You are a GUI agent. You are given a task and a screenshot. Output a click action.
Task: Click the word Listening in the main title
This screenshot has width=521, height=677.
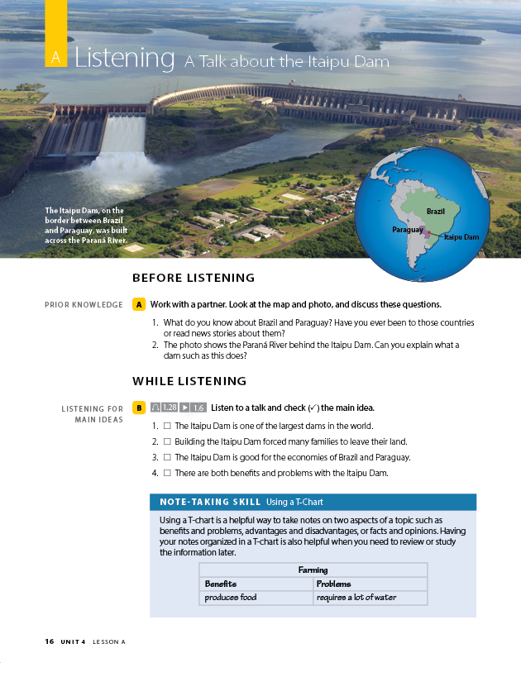[124, 59]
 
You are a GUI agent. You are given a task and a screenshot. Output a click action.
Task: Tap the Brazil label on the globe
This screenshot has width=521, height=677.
[436, 212]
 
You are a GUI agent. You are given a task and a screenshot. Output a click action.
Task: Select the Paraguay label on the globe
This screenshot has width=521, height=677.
[408, 229]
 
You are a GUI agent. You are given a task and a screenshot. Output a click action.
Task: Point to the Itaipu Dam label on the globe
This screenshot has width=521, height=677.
[461, 237]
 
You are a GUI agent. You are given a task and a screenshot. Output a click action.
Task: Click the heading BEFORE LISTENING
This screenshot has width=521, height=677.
[194, 278]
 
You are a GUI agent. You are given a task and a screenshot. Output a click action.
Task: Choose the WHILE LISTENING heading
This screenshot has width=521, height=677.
[189, 381]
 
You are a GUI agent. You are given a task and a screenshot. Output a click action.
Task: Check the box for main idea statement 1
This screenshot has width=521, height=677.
[167, 426]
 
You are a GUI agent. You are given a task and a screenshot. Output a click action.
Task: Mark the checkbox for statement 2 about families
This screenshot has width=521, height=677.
[167, 441]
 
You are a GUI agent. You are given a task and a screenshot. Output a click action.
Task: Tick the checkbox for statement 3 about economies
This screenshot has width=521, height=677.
[167, 457]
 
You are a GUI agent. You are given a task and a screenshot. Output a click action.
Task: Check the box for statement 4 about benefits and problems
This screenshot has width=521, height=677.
[167, 473]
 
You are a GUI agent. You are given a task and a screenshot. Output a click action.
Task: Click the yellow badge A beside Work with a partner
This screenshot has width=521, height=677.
[138, 304]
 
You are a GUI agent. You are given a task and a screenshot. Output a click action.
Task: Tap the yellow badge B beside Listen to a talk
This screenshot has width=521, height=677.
[138, 408]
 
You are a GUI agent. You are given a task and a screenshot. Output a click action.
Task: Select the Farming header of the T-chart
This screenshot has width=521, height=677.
[313, 570]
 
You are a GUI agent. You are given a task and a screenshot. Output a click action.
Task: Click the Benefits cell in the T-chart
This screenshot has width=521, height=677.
[221, 584]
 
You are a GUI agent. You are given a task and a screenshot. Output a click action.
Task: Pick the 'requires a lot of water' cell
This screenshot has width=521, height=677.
[356, 598]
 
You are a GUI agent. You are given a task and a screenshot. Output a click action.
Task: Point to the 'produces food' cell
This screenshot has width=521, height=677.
[231, 598]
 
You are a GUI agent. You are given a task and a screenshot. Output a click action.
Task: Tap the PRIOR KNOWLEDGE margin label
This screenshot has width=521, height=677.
[84, 305]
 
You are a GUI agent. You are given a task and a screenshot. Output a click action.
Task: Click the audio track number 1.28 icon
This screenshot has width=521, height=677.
[164, 408]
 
